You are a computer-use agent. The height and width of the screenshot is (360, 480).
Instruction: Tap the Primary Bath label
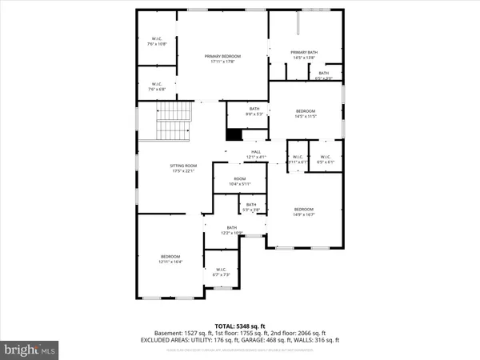click(304, 55)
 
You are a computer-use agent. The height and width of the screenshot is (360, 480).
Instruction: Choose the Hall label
click(256, 154)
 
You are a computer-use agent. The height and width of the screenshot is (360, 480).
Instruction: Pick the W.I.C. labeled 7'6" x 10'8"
click(157, 41)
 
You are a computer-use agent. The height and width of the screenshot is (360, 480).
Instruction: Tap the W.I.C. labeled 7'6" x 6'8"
click(157, 86)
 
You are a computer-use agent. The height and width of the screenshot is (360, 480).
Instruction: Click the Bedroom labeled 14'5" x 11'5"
click(306, 114)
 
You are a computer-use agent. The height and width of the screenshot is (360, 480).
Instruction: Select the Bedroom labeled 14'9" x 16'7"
click(304, 211)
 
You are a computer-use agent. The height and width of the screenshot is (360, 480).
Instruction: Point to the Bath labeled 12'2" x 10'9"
click(232, 230)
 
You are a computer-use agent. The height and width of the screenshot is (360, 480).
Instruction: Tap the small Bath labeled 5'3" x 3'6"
click(251, 207)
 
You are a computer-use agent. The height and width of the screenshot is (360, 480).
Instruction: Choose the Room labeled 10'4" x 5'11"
click(239, 182)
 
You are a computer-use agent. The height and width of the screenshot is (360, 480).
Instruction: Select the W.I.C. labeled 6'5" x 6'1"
click(326, 159)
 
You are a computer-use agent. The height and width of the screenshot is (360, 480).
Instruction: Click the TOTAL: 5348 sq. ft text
click(240, 326)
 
